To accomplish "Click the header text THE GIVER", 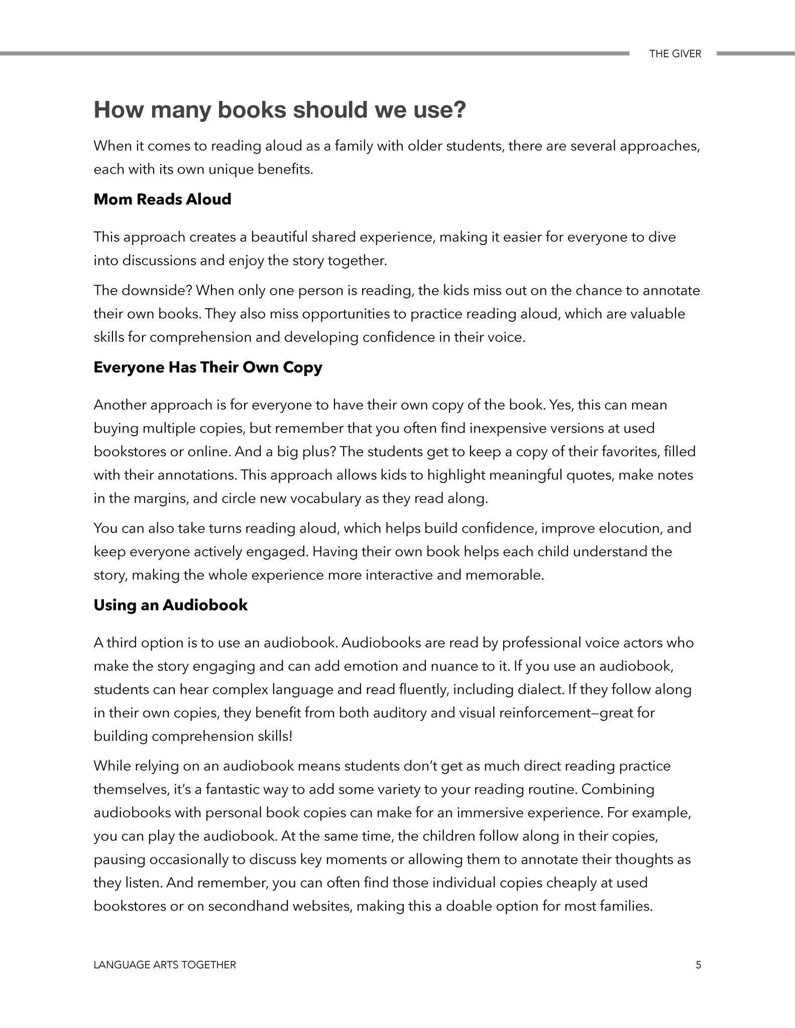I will pos(674,54).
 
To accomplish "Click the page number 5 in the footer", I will pos(698,964).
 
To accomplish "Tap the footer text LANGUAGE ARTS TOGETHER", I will pos(165,964).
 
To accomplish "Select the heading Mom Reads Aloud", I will pos(162,199).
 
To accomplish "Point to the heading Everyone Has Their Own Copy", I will pos(208,367).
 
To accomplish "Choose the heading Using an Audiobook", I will pos(171,605).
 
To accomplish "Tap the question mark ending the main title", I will pos(460,110).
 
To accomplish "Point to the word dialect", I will pos(540,689).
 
